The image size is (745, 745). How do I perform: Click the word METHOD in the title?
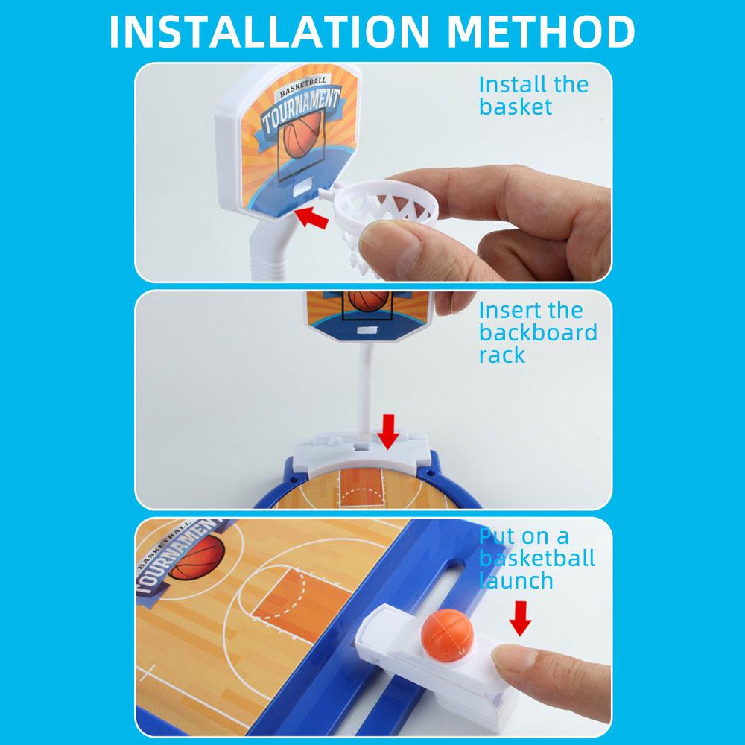click(541, 31)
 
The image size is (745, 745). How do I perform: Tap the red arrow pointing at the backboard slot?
click(311, 217)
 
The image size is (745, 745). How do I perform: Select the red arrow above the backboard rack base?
click(388, 431)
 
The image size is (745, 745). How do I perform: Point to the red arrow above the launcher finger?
click(520, 618)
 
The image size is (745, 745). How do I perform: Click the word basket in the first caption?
click(515, 107)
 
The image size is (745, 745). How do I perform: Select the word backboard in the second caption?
click(538, 332)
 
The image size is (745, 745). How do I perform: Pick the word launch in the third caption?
click(516, 580)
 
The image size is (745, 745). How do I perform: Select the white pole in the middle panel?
click(365, 389)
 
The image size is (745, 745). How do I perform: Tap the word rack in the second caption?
click(501, 355)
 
